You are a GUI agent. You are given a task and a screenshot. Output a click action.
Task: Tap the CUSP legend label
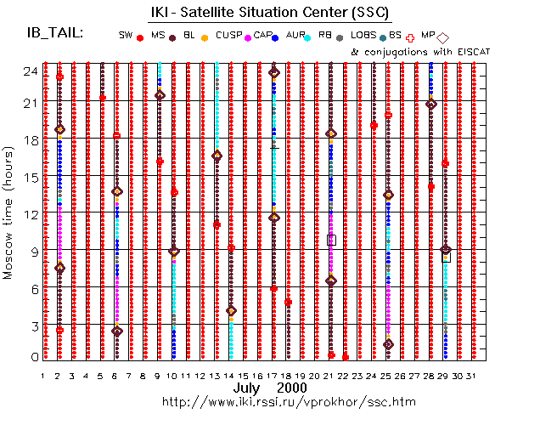[228, 35]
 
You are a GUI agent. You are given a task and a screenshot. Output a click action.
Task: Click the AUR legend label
[296, 35]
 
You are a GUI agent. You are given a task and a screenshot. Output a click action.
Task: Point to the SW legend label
[126, 35]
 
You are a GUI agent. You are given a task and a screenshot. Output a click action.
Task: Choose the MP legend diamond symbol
[443, 37]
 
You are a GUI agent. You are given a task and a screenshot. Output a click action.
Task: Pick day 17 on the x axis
[273, 375]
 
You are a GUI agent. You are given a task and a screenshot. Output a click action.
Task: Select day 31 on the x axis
[473, 375]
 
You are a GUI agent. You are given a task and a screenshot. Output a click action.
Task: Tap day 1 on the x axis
[43, 375]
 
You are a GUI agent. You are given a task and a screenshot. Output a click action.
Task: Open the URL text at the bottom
[270, 400]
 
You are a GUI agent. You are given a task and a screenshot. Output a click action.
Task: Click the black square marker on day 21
[331, 241]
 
